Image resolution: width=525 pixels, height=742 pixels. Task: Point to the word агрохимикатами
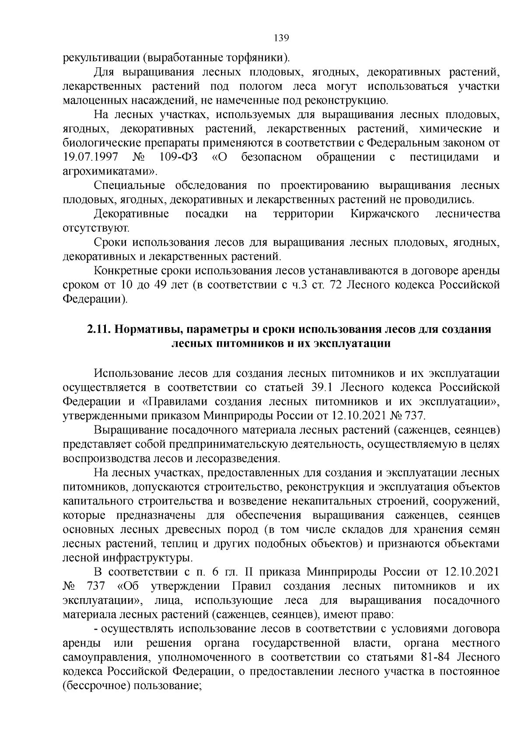(x=109, y=171)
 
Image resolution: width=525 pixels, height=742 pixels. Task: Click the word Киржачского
(x=385, y=214)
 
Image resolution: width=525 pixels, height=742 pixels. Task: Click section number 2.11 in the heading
(x=99, y=329)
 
